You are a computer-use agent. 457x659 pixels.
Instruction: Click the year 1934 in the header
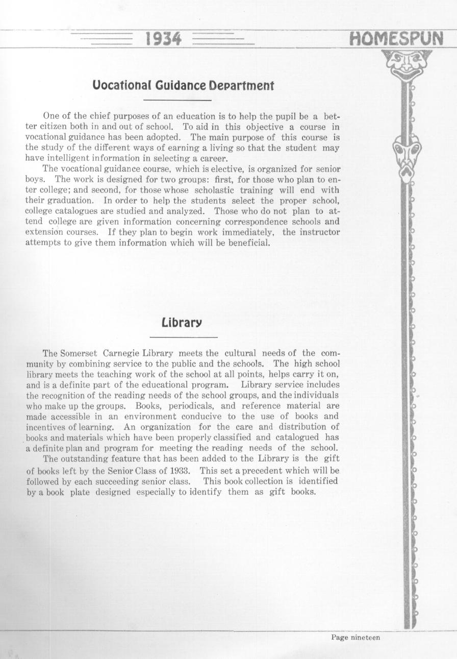(x=163, y=39)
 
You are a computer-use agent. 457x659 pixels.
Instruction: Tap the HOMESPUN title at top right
(x=396, y=39)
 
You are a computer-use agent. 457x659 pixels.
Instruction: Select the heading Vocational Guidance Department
(x=183, y=85)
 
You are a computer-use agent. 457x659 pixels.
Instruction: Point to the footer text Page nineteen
(x=356, y=637)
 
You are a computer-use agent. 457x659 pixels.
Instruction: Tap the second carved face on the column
(x=407, y=155)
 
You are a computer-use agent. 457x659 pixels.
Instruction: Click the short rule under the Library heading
(x=184, y=337)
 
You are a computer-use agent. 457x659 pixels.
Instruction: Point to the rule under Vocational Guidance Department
(x=177, y=100)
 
